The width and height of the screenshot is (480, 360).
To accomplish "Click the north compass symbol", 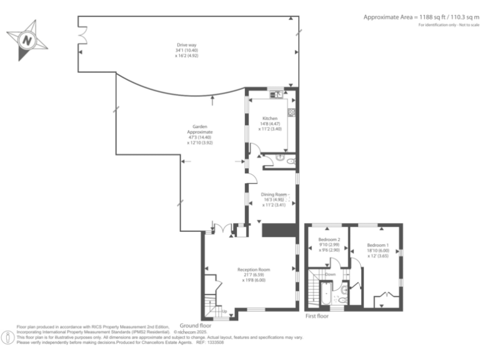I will point(26,40).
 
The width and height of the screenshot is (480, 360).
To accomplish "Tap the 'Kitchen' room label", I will point(270,118).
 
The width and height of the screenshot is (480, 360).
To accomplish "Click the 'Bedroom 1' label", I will point(377,244).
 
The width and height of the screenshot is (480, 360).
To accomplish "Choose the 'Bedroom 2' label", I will point(329,240).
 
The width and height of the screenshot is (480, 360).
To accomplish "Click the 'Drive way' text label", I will point(186,45).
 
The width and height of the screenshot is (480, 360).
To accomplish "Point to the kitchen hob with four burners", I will point(291,113).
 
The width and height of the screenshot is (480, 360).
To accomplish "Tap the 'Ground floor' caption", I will point(194,326).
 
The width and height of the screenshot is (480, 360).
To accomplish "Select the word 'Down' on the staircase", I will point(330,274).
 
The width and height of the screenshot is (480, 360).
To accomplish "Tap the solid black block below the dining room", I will point(277,229).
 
